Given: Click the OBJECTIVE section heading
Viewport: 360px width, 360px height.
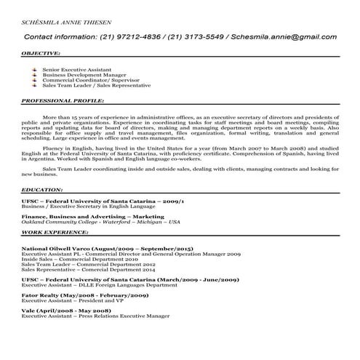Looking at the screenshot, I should pyautogui.click(x=41, y=54).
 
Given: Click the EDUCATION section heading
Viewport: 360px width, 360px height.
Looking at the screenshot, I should pyautogui.click(x=42, y=189).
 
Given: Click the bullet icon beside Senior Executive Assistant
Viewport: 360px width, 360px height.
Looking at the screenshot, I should pyautogui.click(x=35, y=68).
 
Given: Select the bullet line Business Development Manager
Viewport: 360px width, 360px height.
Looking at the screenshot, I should pyautogui.click(x=79, y=73).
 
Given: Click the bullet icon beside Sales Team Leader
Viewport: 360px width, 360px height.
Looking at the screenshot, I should pyautogui.click(x=35, y=84).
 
